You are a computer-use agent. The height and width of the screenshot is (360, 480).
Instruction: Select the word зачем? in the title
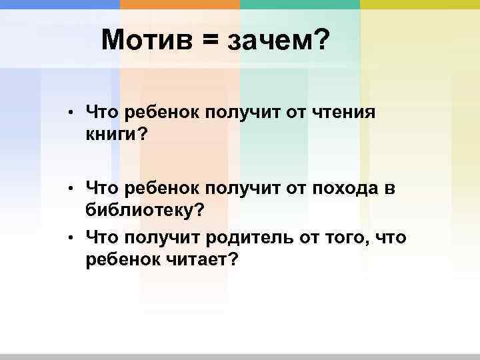pyautogui.click(x=279, y=43)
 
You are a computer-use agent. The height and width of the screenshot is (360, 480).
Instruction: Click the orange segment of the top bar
pyautogui.click(x=180, y=4)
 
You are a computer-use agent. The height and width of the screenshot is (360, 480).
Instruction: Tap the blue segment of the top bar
pyautogui.click(x=60, y=4)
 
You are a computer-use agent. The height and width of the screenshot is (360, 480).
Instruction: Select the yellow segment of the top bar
pyautogui.click(x=420, y=4)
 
